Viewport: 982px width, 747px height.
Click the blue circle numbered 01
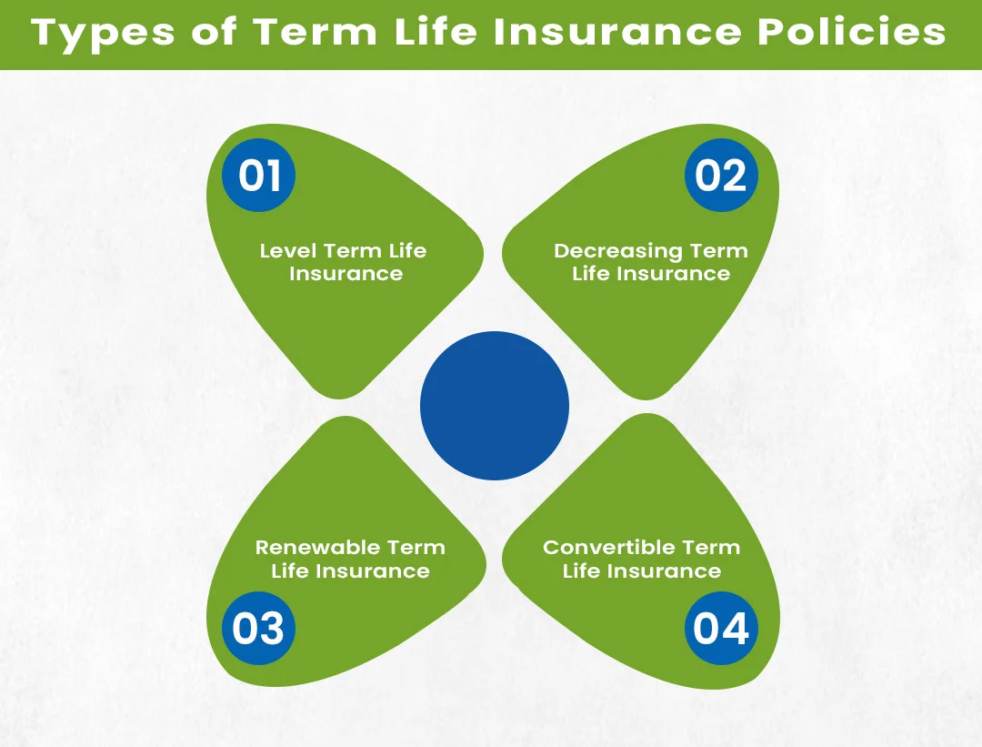[259, 175]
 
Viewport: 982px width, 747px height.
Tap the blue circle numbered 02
[721, 175]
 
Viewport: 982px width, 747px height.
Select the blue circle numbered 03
[259, 629]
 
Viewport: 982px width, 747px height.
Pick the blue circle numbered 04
[721, 629]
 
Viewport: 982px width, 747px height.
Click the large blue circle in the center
[495, 406]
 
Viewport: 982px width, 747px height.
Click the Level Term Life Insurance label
[344, 262]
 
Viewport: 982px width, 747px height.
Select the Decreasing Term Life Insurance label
[650, 262]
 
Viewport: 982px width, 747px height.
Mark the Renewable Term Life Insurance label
[350, 560]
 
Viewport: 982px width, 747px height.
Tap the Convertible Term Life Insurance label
[642, 560]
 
